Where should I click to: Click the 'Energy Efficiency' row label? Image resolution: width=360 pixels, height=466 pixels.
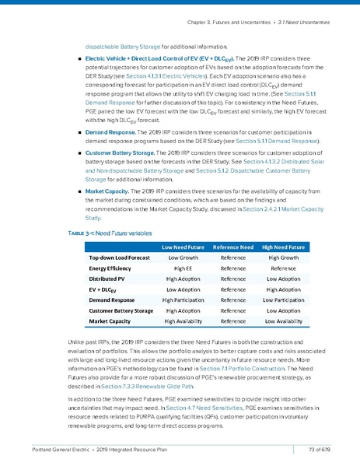pos(114,268)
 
